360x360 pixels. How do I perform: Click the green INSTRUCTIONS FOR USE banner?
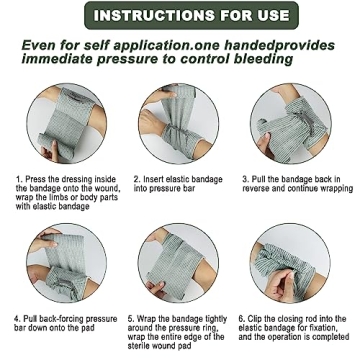click(180, 15)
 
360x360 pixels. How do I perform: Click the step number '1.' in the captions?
click(18, 180)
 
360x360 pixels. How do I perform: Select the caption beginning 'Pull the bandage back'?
click(296, 184)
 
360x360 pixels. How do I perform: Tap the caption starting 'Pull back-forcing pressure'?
click(65, 324)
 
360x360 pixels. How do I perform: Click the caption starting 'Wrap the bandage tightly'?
click(176, 333)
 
